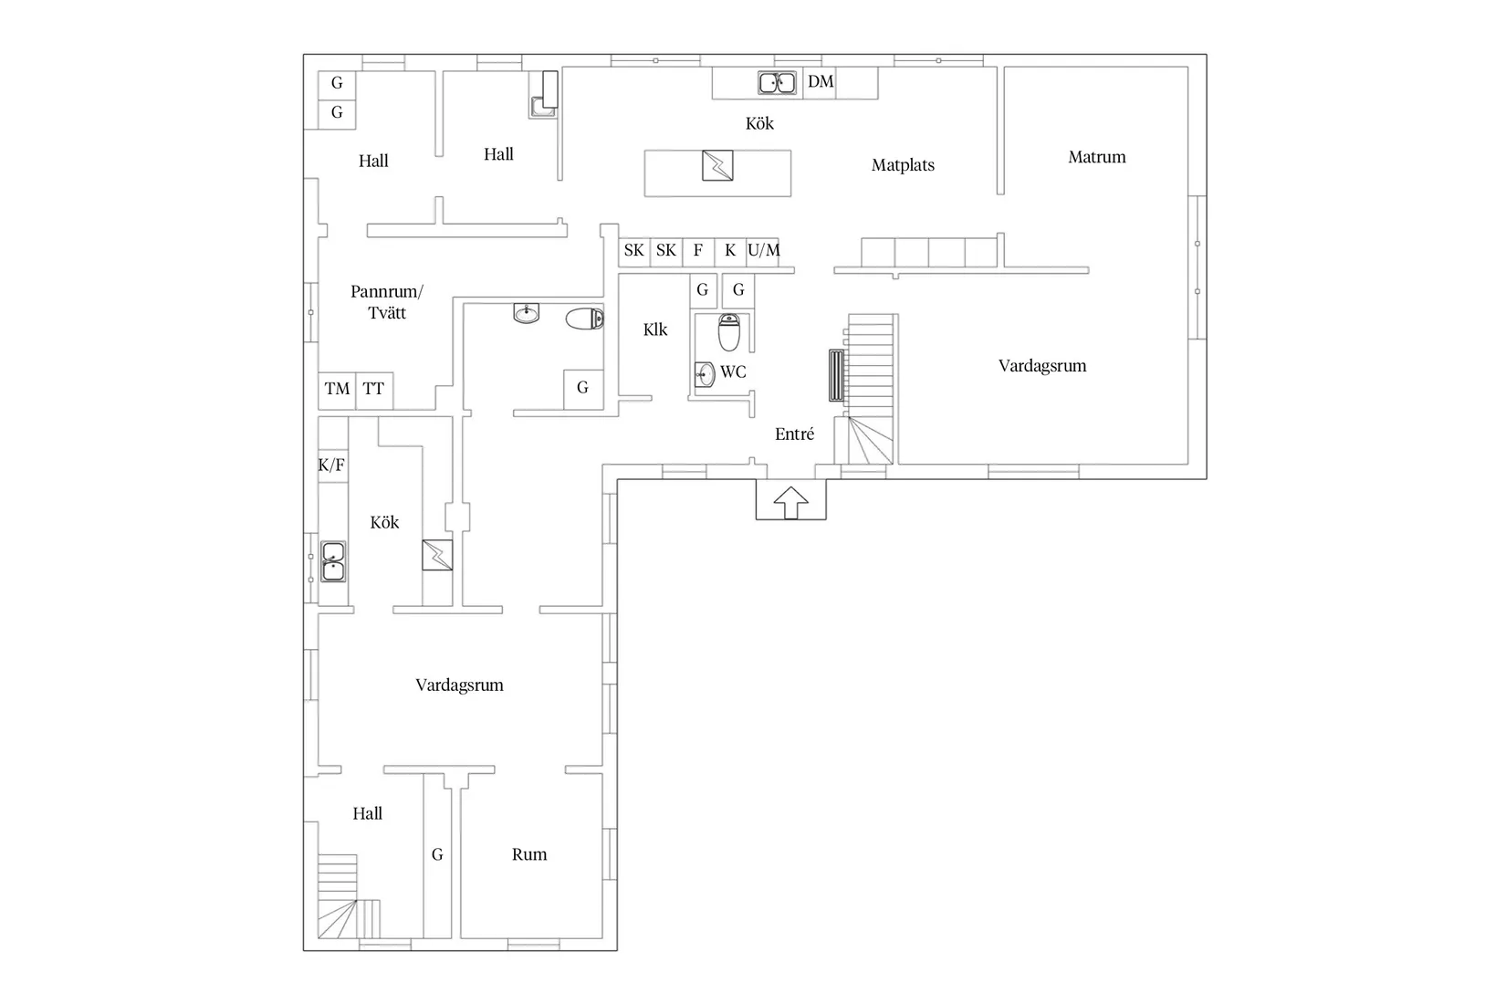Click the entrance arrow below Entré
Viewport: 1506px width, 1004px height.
790,502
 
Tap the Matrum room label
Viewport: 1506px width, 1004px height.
1096,157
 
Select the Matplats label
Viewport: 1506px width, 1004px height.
903,165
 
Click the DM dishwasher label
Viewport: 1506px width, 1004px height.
821,81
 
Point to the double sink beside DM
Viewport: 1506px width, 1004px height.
778,83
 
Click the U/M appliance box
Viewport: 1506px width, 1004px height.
764,252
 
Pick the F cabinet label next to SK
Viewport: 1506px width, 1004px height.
698,250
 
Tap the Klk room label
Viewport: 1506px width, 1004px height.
654,329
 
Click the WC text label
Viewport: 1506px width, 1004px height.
733,371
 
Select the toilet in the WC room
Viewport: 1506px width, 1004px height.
728,332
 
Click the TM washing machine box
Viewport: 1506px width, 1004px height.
337,390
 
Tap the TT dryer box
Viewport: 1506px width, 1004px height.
374,390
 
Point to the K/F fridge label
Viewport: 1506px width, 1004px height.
331,465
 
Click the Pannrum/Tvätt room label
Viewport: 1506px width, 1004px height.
387,302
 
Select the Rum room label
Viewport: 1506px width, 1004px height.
529,854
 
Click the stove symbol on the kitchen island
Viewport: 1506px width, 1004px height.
717,165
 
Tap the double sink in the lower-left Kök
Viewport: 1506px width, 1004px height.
333,561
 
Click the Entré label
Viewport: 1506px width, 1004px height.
794,434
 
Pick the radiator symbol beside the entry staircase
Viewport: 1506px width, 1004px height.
836,376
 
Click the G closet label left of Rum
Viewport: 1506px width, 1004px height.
437,854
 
